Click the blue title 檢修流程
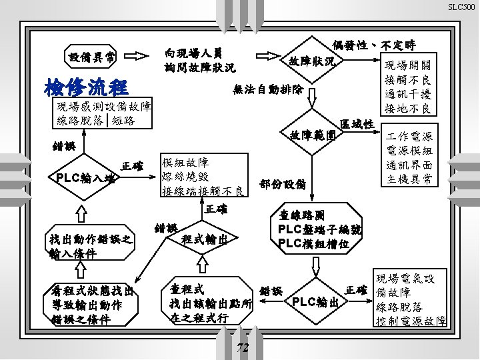point(85,87)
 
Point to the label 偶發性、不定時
point(373,45)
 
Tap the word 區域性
point(357,124)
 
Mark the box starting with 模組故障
point(202,177)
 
